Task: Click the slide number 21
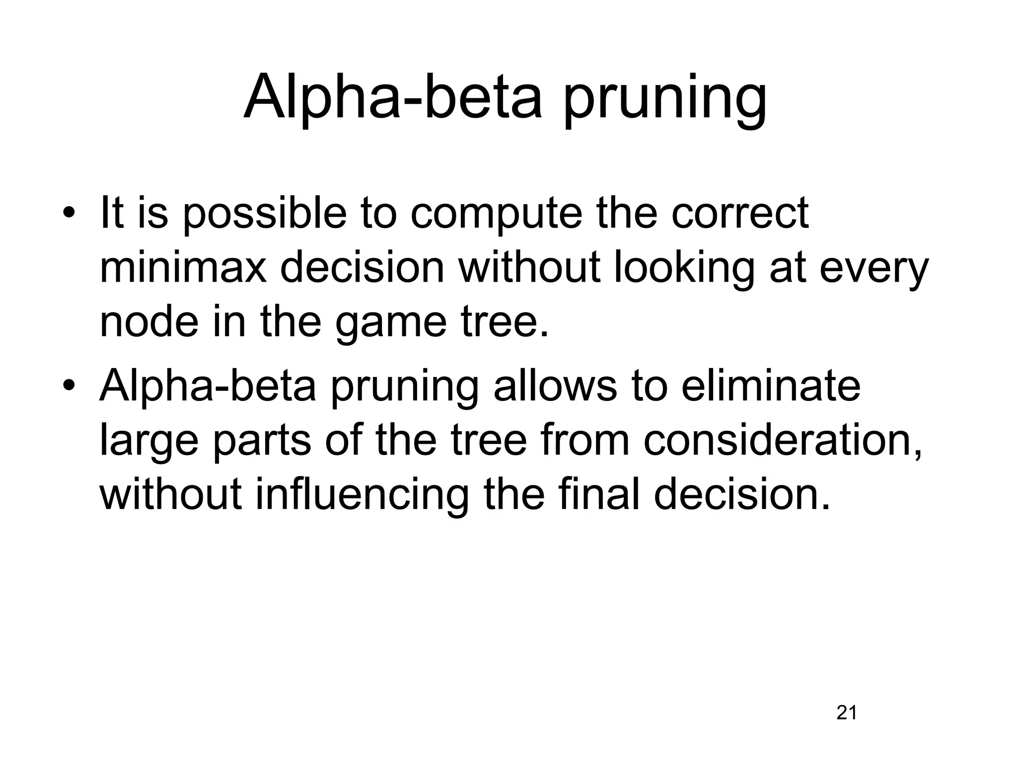(x=847, y=713)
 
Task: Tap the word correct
(x=740, y=214)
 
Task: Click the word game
(x=392, y=323)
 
